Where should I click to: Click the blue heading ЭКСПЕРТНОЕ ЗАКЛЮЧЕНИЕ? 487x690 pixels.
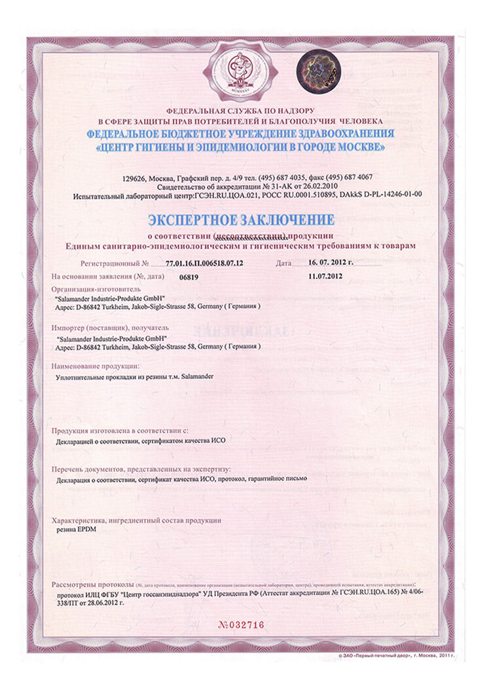242,218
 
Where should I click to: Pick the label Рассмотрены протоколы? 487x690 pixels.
93,584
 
